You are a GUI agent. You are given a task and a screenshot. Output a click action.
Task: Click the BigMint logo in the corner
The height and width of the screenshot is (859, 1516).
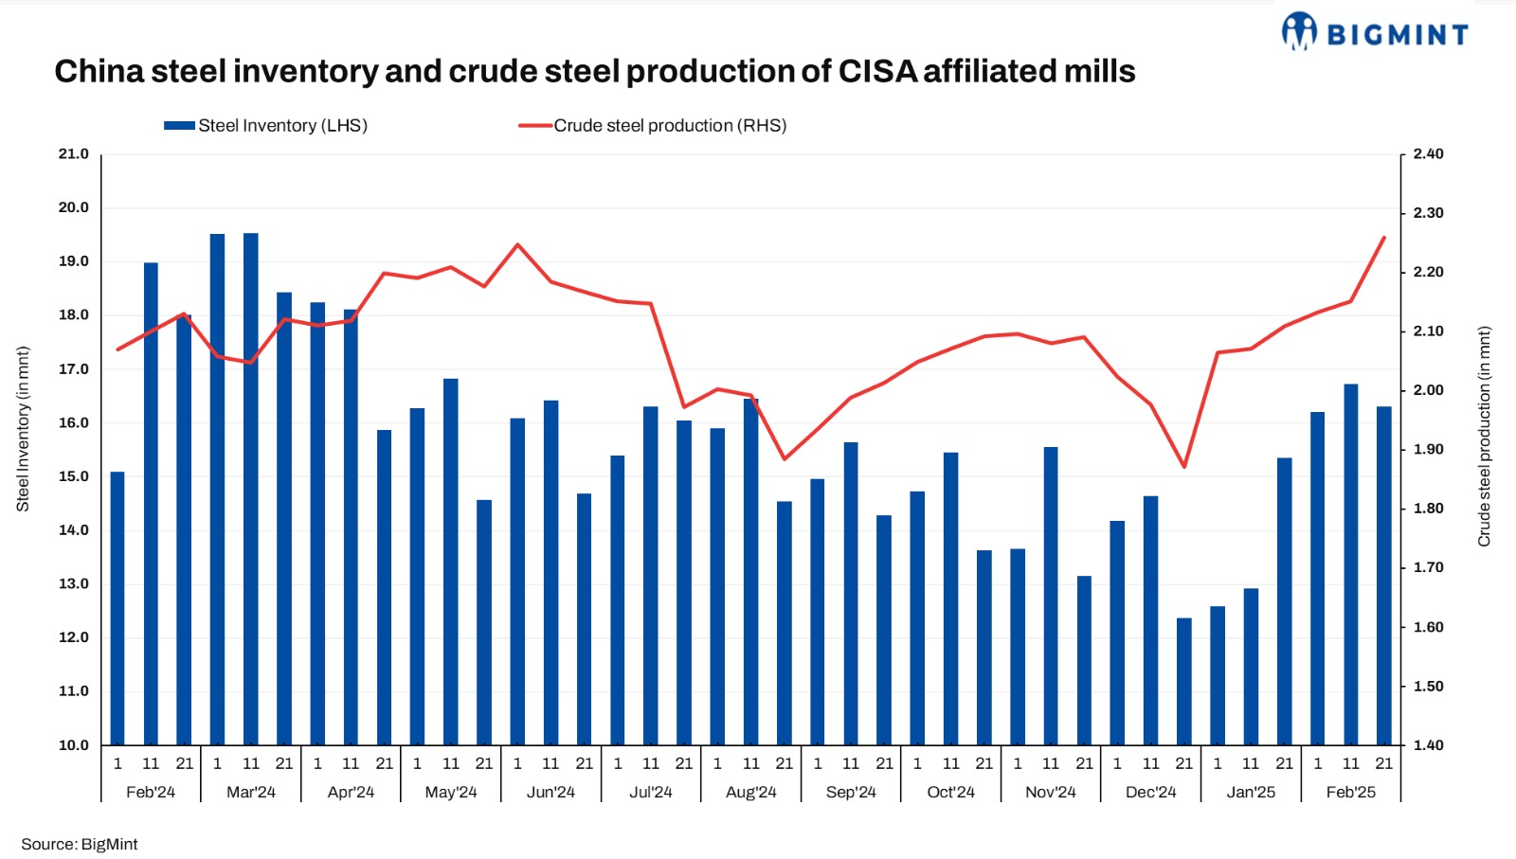pos(1375,33)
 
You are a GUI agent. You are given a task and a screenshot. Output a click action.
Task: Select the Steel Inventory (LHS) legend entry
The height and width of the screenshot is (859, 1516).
pos(266,126)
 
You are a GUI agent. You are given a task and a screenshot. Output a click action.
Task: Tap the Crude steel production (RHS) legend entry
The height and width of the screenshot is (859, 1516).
pos(654,126)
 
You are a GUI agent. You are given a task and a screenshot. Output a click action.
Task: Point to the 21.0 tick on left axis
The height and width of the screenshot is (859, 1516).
pos(73,154)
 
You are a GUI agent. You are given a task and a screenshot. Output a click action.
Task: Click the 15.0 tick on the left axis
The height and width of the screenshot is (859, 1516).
pos(73,476)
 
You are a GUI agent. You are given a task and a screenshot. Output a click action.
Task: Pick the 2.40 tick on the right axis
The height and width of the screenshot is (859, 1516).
pos(1428,154)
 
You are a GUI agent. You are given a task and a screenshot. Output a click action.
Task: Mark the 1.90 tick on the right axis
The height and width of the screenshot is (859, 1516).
pos(1428,450)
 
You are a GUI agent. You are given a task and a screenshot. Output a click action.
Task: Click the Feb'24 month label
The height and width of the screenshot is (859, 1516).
pos(151,792)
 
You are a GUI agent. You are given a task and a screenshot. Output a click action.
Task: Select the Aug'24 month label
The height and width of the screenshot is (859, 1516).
pos(750,792)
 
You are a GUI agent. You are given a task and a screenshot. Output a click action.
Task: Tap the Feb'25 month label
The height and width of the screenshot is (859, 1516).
pos(1350,792)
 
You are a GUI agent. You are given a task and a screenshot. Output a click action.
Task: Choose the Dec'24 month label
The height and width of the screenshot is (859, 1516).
pos(1150,792)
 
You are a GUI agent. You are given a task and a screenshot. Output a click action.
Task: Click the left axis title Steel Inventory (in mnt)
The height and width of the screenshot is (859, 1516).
pos(24,429)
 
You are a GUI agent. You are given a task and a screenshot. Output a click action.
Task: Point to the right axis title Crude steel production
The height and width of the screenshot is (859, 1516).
pos(1484,437)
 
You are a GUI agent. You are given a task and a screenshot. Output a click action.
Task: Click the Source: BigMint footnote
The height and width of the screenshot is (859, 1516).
pos(80,844)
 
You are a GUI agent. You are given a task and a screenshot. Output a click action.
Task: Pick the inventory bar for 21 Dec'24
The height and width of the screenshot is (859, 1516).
pos(1184,681)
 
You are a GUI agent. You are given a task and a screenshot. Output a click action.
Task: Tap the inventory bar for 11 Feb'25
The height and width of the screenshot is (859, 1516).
pos(1351,564)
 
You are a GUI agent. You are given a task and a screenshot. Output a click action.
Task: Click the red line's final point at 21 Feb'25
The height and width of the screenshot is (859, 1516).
pos(1384,238)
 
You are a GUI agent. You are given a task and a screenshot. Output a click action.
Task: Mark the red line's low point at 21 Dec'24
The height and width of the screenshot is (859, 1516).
pos(1184,467)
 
